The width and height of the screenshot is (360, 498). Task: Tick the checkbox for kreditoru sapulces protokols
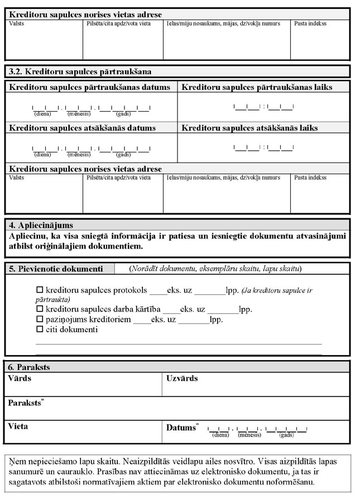tap(39, 290)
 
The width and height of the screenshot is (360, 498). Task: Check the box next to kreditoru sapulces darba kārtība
tap(39, 309)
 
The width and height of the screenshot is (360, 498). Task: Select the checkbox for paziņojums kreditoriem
tap(39, 320)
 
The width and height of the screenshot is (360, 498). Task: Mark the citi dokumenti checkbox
tap(39, 330)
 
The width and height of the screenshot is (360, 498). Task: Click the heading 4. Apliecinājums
tap(41, 226)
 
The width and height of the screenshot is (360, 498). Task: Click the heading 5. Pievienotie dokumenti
tap(56, 269)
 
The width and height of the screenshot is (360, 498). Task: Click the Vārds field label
tap(20, 379)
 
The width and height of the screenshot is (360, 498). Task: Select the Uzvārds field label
tap(182, 379)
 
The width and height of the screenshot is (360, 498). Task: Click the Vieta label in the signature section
tap(18, 427)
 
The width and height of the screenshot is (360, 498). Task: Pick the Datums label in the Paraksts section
tap(180, 428)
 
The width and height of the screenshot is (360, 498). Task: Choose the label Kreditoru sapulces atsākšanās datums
tap(82, 128)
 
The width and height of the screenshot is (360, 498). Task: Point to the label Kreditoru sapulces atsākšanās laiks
tap(249, 128)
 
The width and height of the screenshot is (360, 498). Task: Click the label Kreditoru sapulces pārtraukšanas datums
tap(89, 88)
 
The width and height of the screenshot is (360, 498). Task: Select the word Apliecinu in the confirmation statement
tap(28, 236)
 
